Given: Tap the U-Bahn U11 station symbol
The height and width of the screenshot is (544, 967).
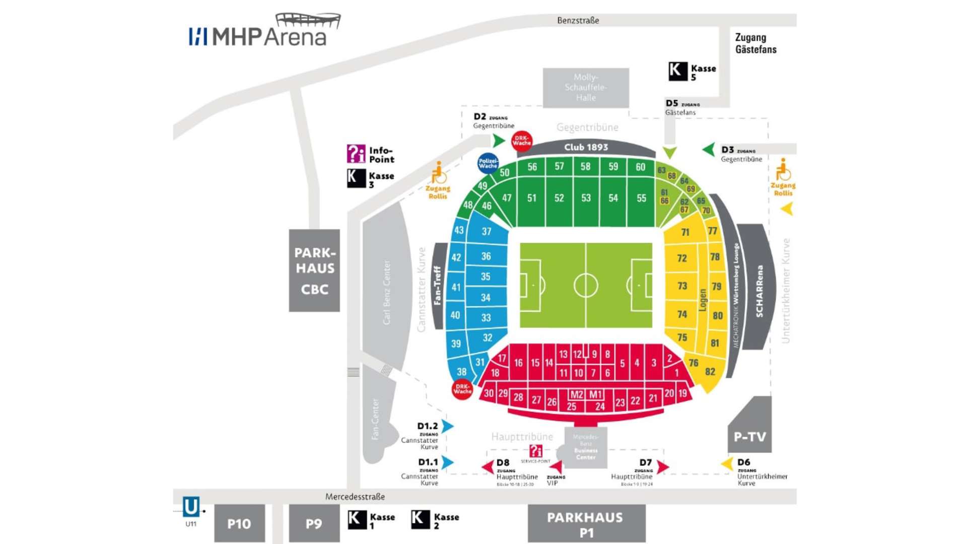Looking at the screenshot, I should (191, 507).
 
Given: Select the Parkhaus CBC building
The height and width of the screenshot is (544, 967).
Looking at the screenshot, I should (314, 270).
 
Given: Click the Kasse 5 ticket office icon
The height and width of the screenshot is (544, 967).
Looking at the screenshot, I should (677, 72).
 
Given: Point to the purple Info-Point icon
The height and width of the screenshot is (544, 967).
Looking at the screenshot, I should (356, 154).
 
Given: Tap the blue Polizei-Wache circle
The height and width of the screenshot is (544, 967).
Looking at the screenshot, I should (488, 163).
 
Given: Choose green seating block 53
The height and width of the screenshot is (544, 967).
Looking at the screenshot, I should (586, 198).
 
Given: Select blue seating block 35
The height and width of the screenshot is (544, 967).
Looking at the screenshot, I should (486, 277).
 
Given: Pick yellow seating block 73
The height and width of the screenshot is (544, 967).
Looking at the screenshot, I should (682, 286).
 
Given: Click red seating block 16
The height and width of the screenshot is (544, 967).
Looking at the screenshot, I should (518, 363).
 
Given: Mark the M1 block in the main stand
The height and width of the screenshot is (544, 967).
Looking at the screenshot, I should (595, 394).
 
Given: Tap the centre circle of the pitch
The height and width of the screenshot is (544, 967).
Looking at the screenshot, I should (586, 286).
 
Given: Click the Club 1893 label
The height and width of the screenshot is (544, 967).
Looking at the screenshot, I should (586, 147).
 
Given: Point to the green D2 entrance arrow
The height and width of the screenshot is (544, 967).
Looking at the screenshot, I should (498, 140).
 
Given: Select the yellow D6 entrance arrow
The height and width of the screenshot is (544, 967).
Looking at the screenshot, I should (727, 463).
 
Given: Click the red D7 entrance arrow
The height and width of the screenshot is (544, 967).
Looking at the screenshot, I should (663, 467).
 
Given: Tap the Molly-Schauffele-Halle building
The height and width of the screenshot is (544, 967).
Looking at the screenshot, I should (586, 88).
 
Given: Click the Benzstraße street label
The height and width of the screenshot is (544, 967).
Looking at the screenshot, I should (578, 21).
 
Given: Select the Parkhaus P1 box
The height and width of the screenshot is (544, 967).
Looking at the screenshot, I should (586, 524).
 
